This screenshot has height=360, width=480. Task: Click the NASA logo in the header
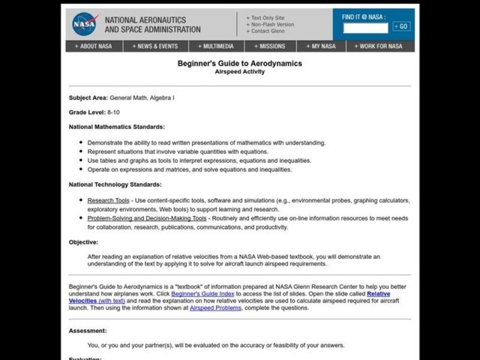point(83,24)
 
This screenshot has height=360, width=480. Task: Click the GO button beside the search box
point(401,26)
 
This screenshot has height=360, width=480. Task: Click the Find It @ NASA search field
point(365,28)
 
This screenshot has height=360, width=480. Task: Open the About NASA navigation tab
point(94,46)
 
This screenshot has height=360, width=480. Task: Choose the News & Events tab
point(156,46)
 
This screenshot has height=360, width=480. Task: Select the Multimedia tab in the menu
point(214,46)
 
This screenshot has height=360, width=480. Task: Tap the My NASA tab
point(321,46)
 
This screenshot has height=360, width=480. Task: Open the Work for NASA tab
point(378,46)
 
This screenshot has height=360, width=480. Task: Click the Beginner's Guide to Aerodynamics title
point(239,64)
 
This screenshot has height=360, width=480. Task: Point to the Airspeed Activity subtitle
point(239,71)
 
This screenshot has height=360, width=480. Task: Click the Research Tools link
point(108,200)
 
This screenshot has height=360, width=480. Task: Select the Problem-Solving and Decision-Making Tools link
point(146,218)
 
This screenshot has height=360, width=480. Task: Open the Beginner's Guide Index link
point(203,294)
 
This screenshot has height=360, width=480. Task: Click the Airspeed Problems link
point(215,308)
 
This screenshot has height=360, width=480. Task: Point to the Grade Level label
point(87,112)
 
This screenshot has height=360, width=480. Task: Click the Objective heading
point(83,242)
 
